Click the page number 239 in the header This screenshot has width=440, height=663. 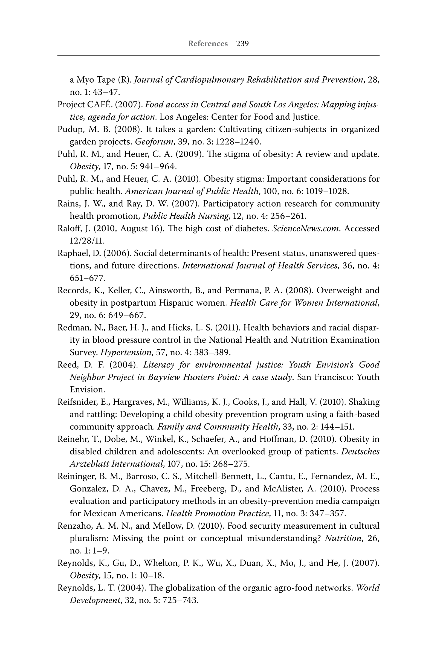tap(242, 44)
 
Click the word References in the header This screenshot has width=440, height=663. tap(208, 44)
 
